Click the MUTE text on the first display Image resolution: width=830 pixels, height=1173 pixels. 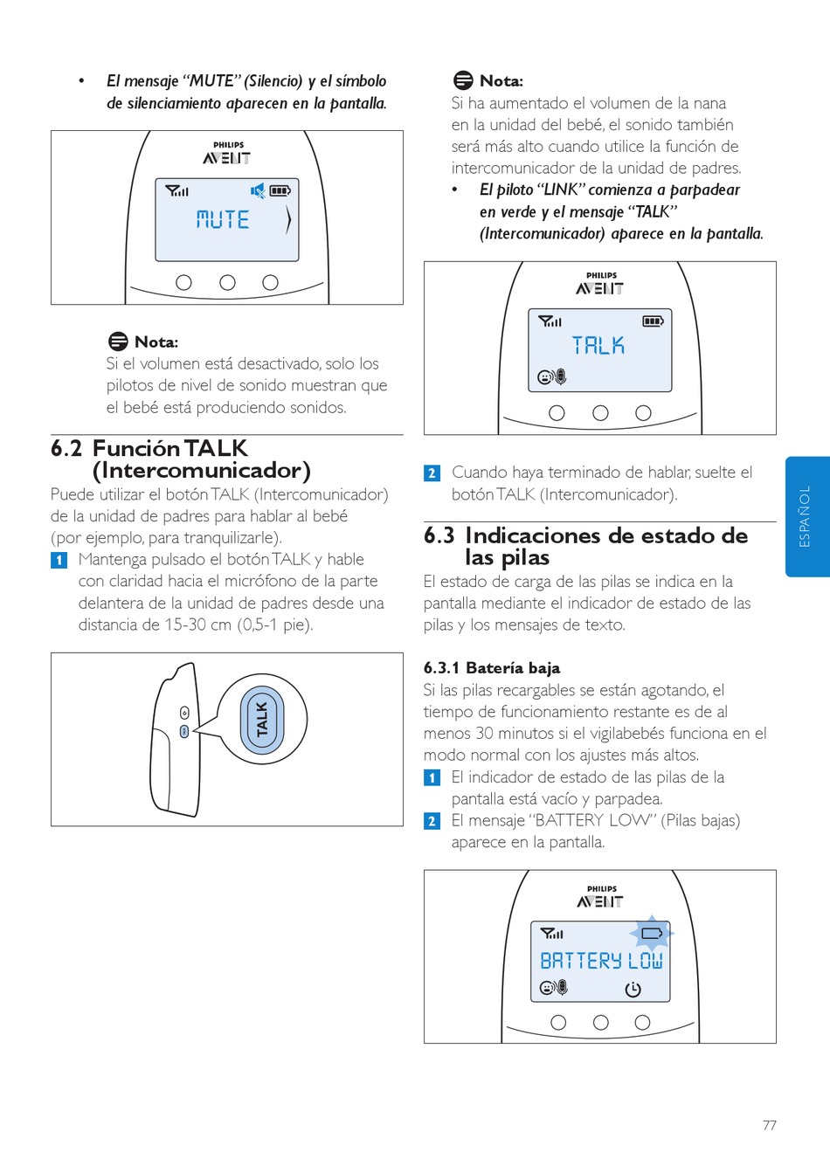(x=223, y=219)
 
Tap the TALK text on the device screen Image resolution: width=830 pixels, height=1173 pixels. (x=598, y=346)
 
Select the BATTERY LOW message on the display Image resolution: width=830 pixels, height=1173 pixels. (x=601, y=961)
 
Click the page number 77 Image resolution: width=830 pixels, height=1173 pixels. (x=769, y=1125)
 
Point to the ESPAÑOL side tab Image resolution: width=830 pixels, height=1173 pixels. (x=806, y=516)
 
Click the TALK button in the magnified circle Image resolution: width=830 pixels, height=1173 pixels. (x=262, y=720)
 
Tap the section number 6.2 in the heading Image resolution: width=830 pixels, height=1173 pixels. (x=66, y=449)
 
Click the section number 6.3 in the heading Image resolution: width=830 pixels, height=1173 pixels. (x=439, y=535)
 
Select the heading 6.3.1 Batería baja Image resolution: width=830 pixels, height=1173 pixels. (x=492, y=668)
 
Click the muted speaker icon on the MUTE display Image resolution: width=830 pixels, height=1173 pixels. (x=258, y=190)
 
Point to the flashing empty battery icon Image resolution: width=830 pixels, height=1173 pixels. (x=652, y=934)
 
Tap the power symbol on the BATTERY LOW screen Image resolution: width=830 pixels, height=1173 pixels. (x=633, y=989)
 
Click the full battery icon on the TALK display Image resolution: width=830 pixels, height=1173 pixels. (x=653, y=321)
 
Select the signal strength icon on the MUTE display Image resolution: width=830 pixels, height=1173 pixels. (x=177, y=190)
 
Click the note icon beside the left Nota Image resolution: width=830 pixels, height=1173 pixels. (x=118, y=342)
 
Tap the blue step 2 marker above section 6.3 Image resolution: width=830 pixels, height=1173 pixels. (x=432, y=473)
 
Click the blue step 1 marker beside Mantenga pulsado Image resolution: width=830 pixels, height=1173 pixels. (x=59, y=560)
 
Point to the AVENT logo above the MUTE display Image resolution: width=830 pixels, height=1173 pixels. (x=227, y=158)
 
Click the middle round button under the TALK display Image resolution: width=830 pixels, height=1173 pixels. (x=600, y=413)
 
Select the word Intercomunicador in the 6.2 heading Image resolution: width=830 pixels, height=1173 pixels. (x=201, y=471)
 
